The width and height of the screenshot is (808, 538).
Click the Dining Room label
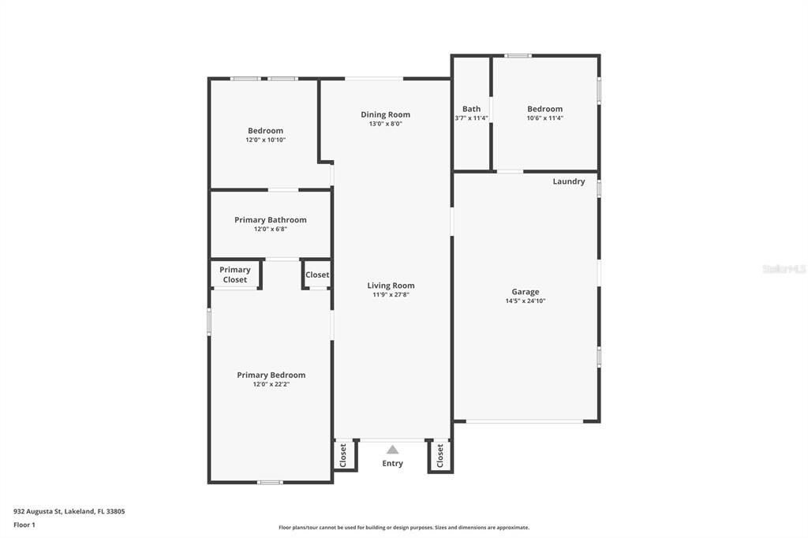coord(385,114)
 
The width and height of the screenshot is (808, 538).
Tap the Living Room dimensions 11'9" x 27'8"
coord(391,295)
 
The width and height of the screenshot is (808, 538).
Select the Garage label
coord(525,292)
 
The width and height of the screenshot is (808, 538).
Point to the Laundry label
coord(568,181)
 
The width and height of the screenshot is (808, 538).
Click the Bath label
coord(471,109)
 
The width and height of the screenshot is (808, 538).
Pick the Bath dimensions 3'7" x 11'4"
coord(471,118)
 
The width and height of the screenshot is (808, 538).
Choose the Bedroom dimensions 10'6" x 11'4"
coord(544,118)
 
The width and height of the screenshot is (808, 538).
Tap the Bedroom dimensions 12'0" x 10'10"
coord(265,140)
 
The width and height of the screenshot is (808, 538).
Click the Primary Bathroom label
coord(270,220)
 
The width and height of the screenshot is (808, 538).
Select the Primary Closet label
coord(234,275)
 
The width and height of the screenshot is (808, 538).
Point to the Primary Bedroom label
coord(271,375)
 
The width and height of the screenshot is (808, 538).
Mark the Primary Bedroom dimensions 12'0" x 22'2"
coord(271,384)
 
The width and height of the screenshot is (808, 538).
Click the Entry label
coord(392,464)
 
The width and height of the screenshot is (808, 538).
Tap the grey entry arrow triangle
coord(392,450)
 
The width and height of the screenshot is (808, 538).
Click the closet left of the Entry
coord(343,455)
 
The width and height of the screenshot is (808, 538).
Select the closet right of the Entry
coord(440,455)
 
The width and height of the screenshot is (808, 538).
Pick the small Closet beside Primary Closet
coord(317,275)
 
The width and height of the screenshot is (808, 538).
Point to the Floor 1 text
coord(24,525)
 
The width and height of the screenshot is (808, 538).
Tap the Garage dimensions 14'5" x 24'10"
coord(525,301)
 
